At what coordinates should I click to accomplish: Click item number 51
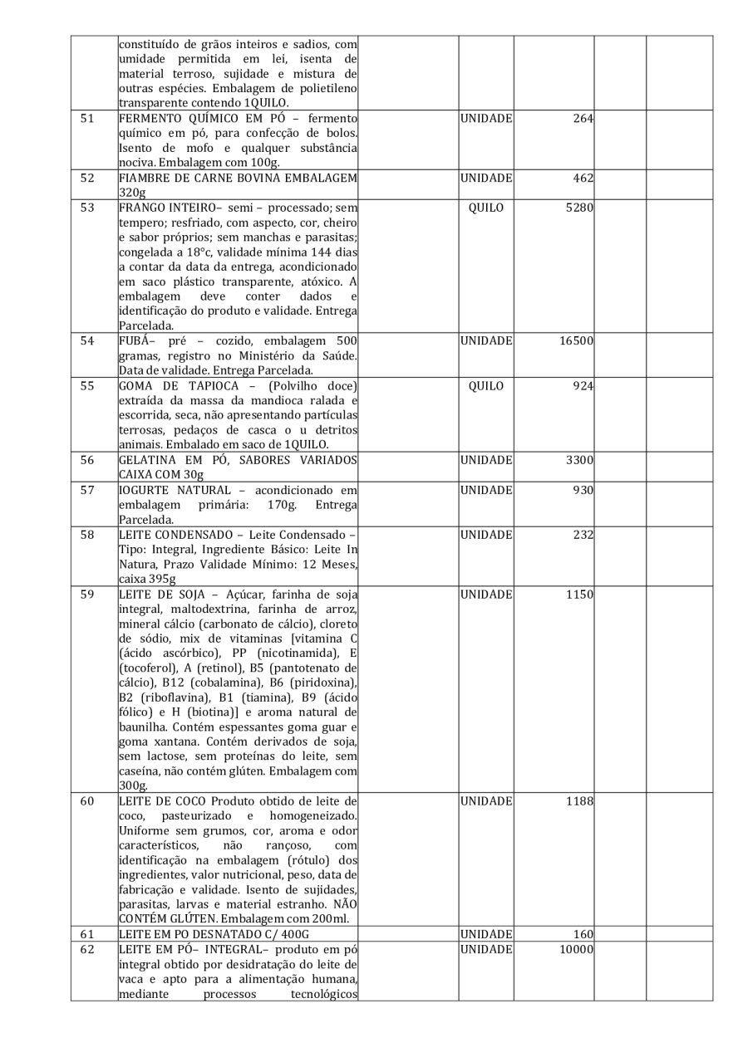click(x=87, y=118)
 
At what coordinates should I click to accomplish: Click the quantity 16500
click(x=574, y=340)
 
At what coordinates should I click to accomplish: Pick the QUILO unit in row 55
click(x=485, y=385)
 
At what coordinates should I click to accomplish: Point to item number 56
click(x=87, y=460)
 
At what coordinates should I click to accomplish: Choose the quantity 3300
click(x=578, y=460)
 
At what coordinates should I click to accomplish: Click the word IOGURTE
click(x=147, y=490)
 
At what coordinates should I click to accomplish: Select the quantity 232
click(x=583, y=535)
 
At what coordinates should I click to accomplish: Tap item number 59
click(x=87, y=595)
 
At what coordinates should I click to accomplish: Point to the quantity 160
click(x=583, y=935)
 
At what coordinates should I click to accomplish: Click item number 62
click(x=87, y=950)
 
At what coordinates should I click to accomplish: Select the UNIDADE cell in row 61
click(x=485, y=935)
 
